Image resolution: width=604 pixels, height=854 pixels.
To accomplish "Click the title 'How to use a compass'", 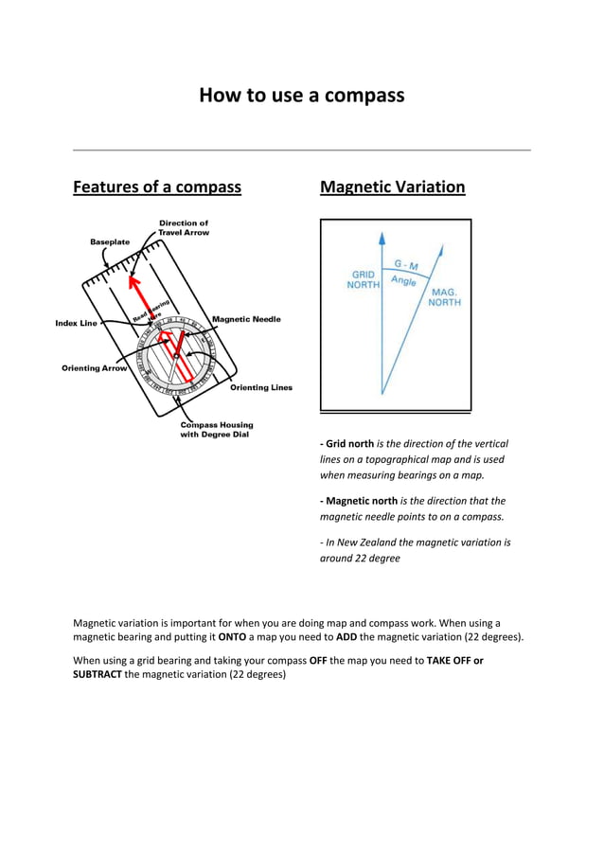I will point(301,96).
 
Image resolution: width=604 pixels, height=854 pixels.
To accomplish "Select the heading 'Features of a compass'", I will point(157,187).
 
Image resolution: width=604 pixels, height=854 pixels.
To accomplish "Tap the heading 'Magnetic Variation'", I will point(392,187).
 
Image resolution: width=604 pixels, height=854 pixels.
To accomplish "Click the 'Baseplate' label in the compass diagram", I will point(110,241).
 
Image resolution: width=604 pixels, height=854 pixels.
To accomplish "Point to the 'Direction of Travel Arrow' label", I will point(184,227).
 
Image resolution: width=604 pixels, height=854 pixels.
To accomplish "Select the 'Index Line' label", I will point(76,323).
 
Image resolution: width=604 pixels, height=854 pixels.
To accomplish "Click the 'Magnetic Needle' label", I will point(246,319).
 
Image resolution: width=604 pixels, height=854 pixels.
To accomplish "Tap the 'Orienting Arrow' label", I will point(94,367).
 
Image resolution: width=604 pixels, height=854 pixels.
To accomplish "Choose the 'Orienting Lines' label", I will point(261,387).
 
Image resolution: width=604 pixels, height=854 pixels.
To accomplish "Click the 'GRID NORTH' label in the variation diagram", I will point(364,279).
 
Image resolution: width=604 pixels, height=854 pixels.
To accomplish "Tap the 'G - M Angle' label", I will point(405,273).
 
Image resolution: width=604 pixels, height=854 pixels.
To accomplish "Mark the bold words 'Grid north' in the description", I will point(349,443).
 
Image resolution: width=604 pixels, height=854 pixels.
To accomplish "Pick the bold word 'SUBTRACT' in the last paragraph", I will point(98,674).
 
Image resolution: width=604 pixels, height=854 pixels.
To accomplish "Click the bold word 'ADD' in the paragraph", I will point(347,637).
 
